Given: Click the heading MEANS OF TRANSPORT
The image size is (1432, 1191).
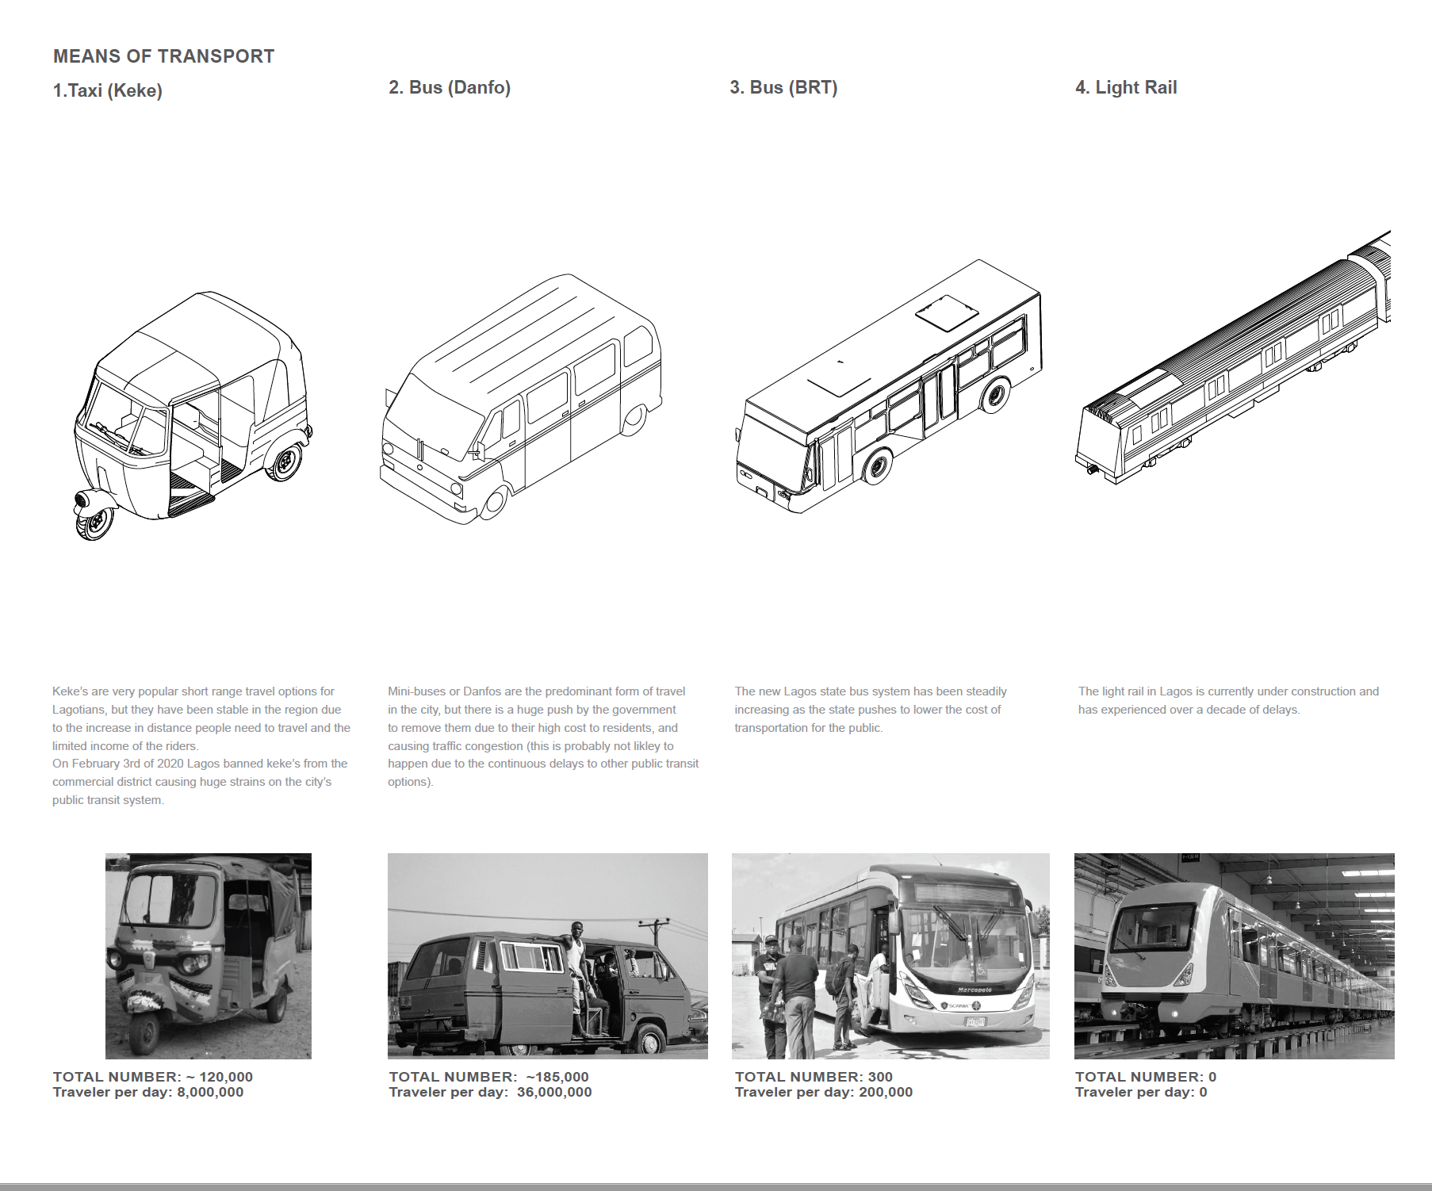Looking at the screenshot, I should [x=163, y=56].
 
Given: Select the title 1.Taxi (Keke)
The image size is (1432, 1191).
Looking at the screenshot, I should [x=107, y=90].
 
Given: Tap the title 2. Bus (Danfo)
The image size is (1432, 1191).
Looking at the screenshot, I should [x=449, y=87].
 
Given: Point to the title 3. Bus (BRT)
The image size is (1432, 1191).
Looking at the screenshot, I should [x=783, y=87].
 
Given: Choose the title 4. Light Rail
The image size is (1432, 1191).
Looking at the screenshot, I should [x=1125, y=87].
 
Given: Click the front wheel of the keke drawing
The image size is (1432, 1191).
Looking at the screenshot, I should [x=94, y=522].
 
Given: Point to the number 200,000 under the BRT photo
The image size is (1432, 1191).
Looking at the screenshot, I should [x=886, y=1092].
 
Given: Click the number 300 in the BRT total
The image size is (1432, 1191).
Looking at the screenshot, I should [x=880, y=1077].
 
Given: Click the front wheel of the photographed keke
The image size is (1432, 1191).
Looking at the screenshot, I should [x=145, y=1034].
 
